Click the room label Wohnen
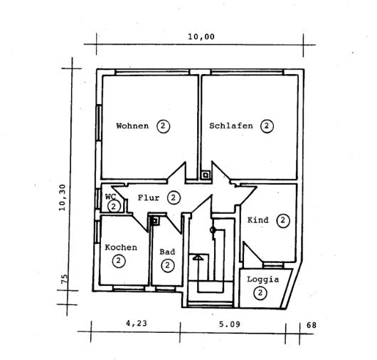click(132, 126)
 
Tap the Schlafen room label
click(231, 126)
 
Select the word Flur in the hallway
click(148, 197)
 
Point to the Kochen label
click(120, 247)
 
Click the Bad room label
click(167, 252)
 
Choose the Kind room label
click(257, 220)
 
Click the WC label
click(110, 196)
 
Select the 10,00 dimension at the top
click(201, 37)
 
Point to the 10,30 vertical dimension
click(63, 197)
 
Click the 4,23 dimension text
click(137, 324)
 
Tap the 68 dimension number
click(311, 325)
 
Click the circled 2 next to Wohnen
click(163, 126)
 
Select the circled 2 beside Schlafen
click(267, 126)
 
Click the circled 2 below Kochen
click(118, 261)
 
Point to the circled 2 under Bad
click(167, 266)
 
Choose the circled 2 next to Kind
click(282, 220)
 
